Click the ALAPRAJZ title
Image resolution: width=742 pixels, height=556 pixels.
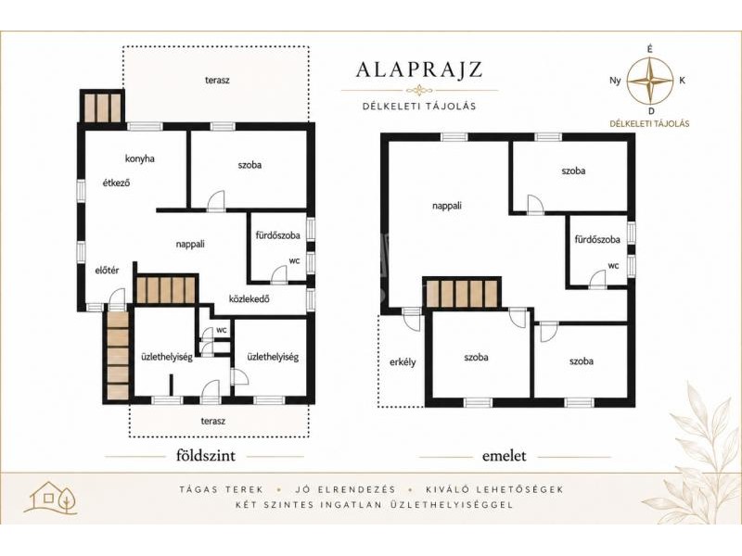click(419, 69)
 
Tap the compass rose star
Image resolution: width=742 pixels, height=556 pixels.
click(650, 80)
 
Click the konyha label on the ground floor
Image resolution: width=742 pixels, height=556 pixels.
click(140, 158)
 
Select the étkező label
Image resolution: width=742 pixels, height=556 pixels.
click(117, 183)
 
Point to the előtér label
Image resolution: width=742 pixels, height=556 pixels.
click(107, 271)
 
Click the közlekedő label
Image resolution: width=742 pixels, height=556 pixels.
click(249, 298)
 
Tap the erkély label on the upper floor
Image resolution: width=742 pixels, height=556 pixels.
click(403, 361)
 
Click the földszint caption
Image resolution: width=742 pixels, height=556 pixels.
click(205, 456)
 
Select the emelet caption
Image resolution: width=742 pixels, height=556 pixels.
click(504, 456)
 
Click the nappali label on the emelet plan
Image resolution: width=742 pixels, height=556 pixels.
click(447, 206)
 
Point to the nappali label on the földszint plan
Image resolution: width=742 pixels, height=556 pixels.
click(190, 245)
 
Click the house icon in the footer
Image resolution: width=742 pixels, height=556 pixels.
click(52, 498)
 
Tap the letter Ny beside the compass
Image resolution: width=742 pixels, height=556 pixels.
click(615, 81)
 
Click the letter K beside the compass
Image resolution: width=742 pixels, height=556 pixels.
click(682, 81)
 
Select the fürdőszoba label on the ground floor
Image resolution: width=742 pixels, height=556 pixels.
click(277, 235)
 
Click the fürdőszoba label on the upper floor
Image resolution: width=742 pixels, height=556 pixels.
click(597, 239)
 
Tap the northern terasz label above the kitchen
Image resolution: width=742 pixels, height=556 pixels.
click(217, 81)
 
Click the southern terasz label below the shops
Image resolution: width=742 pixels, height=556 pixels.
click(213, 421)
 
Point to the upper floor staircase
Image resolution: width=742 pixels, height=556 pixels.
click(461, 294)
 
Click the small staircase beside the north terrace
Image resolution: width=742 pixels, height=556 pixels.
click(102, 107)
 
